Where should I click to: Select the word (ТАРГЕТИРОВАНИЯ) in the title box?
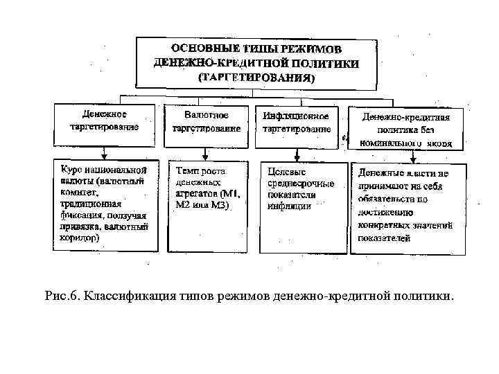256,78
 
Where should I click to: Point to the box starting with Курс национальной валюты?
102,205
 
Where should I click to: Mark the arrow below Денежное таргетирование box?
103,152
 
